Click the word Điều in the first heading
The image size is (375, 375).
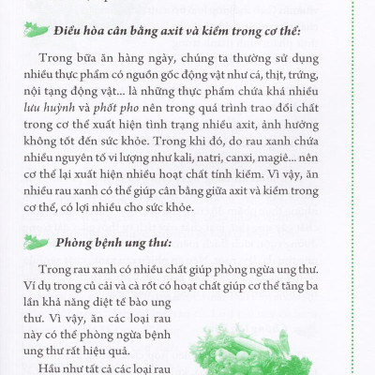click(82, 32)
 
